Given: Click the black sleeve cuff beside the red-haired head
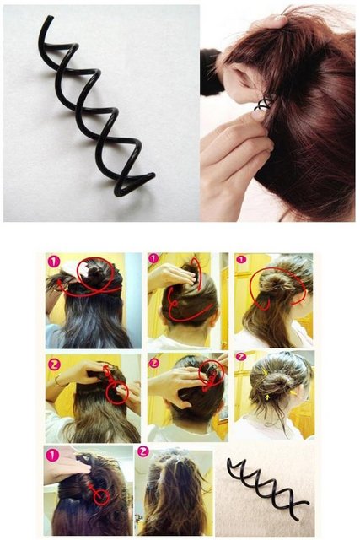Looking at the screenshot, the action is click(x=210, y=73).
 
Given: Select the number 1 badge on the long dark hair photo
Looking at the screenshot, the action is click(x=54, y=262).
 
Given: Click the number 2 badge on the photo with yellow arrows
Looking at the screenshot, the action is click(x=240, y=356).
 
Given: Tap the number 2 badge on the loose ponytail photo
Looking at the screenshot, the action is click(x=143, y=451).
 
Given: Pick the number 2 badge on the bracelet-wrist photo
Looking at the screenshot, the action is click(x=54, y=364).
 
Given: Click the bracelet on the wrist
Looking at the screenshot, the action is click(x=58, y=381).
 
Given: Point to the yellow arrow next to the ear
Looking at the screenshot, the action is click(x=293, y=391).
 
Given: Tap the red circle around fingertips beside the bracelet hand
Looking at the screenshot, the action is click(x=117, y=392).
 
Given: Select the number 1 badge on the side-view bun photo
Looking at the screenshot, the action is click(x=241, y=259).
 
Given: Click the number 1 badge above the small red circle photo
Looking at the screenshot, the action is click(x=52, y=456).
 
